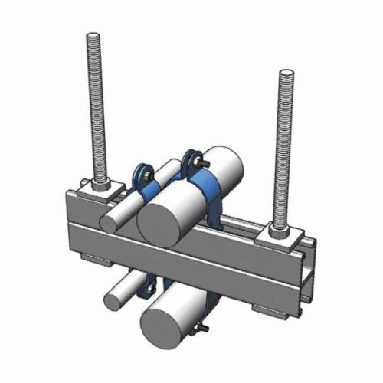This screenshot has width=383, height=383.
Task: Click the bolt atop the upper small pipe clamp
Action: coord(148,176)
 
